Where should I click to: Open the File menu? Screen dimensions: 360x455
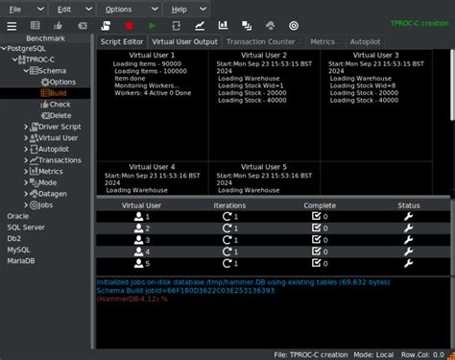point(14,8)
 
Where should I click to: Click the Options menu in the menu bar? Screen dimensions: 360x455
point(119,8)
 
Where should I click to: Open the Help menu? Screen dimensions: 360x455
point(180,8)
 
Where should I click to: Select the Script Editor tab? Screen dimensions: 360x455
point(123,42)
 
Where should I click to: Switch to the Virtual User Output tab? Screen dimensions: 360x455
point(184,42)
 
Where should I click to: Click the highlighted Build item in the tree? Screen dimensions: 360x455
point(60,93)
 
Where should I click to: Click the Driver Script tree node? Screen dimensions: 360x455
point(60,126)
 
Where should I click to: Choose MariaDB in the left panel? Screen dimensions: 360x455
point(23,260)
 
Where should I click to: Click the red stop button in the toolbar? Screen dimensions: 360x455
point(129,25)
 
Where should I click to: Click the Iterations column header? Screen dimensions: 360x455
point(229,205)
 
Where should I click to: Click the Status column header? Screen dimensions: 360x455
point(409,205)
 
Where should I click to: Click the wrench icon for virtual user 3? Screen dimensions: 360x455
point(409,240)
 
